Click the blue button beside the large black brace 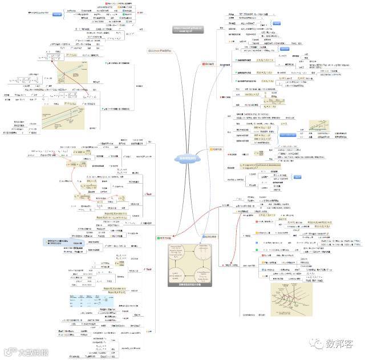click(57, 14)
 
